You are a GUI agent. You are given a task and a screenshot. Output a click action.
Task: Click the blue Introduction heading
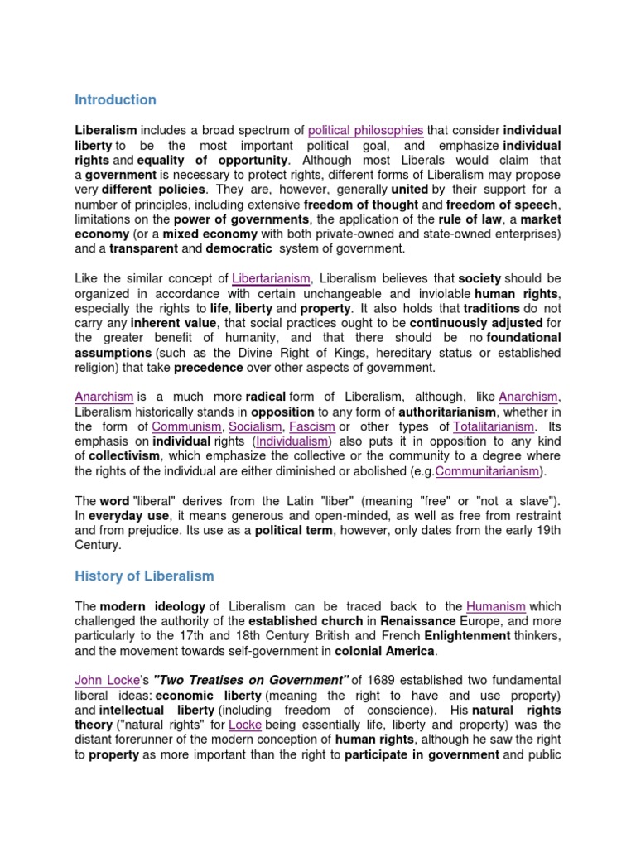coord(115,100)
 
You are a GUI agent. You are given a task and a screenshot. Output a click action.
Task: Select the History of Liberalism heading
coord(144,576)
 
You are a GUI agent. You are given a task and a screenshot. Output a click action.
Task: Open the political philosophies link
coord(365,131)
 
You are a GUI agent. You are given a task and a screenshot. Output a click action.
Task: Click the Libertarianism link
coord(271,278)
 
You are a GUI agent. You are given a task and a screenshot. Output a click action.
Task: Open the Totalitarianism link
coord(494,426)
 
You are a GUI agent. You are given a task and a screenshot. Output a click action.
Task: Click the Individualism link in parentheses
coord(292,441)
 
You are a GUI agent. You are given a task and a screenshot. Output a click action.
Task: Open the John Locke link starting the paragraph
coord(105,681)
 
